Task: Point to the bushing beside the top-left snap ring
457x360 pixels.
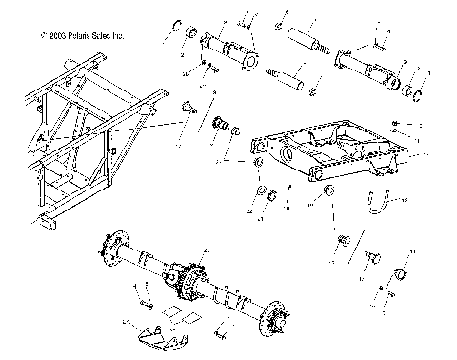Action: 192,35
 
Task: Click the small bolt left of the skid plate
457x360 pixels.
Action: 147,304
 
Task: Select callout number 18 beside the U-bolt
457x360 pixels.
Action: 403,201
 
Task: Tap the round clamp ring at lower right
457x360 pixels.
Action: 401,276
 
